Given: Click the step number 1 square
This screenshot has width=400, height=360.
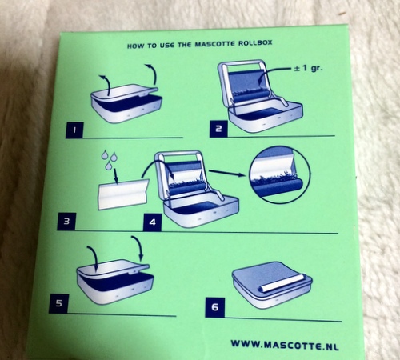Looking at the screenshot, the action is click(74, 130).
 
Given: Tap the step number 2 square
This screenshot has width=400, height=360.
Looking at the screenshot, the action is click(218, 129).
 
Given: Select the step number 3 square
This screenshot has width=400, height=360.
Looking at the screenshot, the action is click(66, 222).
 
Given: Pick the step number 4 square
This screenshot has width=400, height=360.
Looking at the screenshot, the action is click(152, 222).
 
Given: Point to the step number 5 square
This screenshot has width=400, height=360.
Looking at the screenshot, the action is click(58, 303).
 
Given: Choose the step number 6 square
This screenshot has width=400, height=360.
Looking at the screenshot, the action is click(215, 307).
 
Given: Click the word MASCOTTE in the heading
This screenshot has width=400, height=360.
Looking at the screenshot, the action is click(215, 44).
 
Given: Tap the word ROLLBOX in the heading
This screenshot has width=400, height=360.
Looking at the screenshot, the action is click(255, 43).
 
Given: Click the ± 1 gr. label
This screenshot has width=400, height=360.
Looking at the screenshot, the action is click(308, 68).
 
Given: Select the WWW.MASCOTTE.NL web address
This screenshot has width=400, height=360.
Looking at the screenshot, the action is click(285, 345).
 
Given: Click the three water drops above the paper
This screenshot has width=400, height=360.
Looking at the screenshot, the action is click(109, 160).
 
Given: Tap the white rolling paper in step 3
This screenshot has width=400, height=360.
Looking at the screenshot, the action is click(123, 194).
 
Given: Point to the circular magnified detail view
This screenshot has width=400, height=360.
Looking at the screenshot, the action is click(279, 175).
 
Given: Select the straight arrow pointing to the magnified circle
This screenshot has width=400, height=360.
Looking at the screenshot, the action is click(226, 173).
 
